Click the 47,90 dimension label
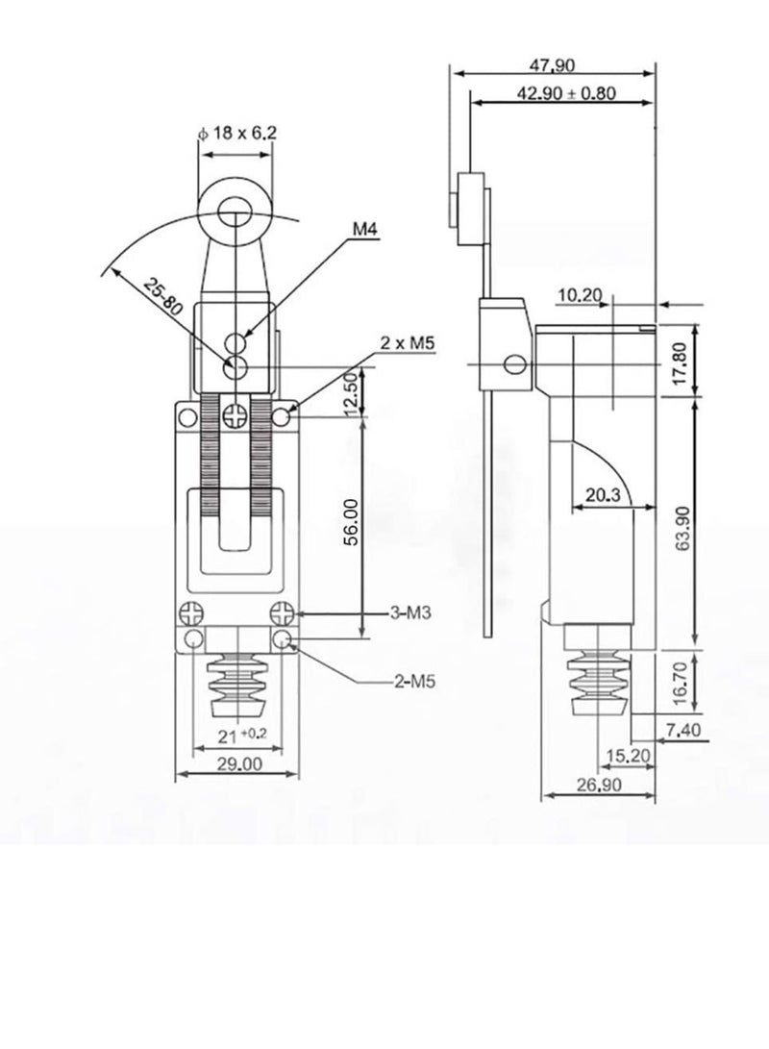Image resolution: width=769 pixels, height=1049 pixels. [x=552, y=64]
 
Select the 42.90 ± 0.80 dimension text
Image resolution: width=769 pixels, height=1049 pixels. [x=566, y=93]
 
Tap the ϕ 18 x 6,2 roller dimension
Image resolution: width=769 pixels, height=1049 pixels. [x=237, y=133]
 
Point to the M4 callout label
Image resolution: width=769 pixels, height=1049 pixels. [x=366, y=230]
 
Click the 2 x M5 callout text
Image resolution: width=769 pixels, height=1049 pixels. [x=408, y=343]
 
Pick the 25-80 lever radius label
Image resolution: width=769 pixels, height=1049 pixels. [x=163, y=296]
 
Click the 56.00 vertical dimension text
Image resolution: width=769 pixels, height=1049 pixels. [x=352, y=522]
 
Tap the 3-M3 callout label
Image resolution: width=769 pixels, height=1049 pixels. [x=410, y=612]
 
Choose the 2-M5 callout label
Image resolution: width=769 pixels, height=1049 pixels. [x=414, y=682]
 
